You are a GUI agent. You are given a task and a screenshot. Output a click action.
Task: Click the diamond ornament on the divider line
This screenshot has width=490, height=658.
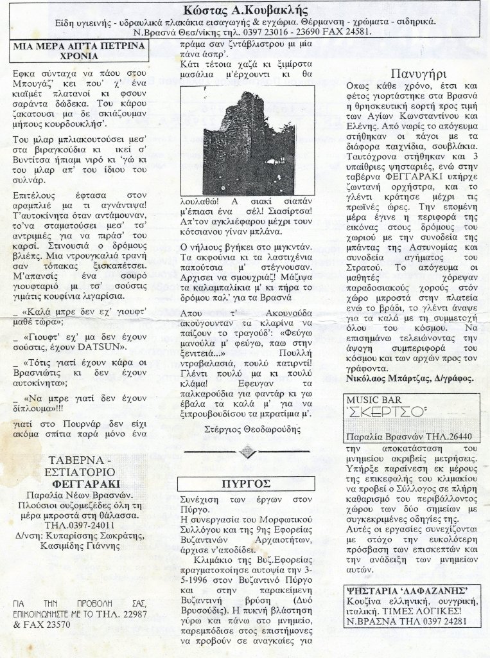(247, 452)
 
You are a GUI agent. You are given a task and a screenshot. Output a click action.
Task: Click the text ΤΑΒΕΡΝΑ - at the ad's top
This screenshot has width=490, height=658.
(80, 460)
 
